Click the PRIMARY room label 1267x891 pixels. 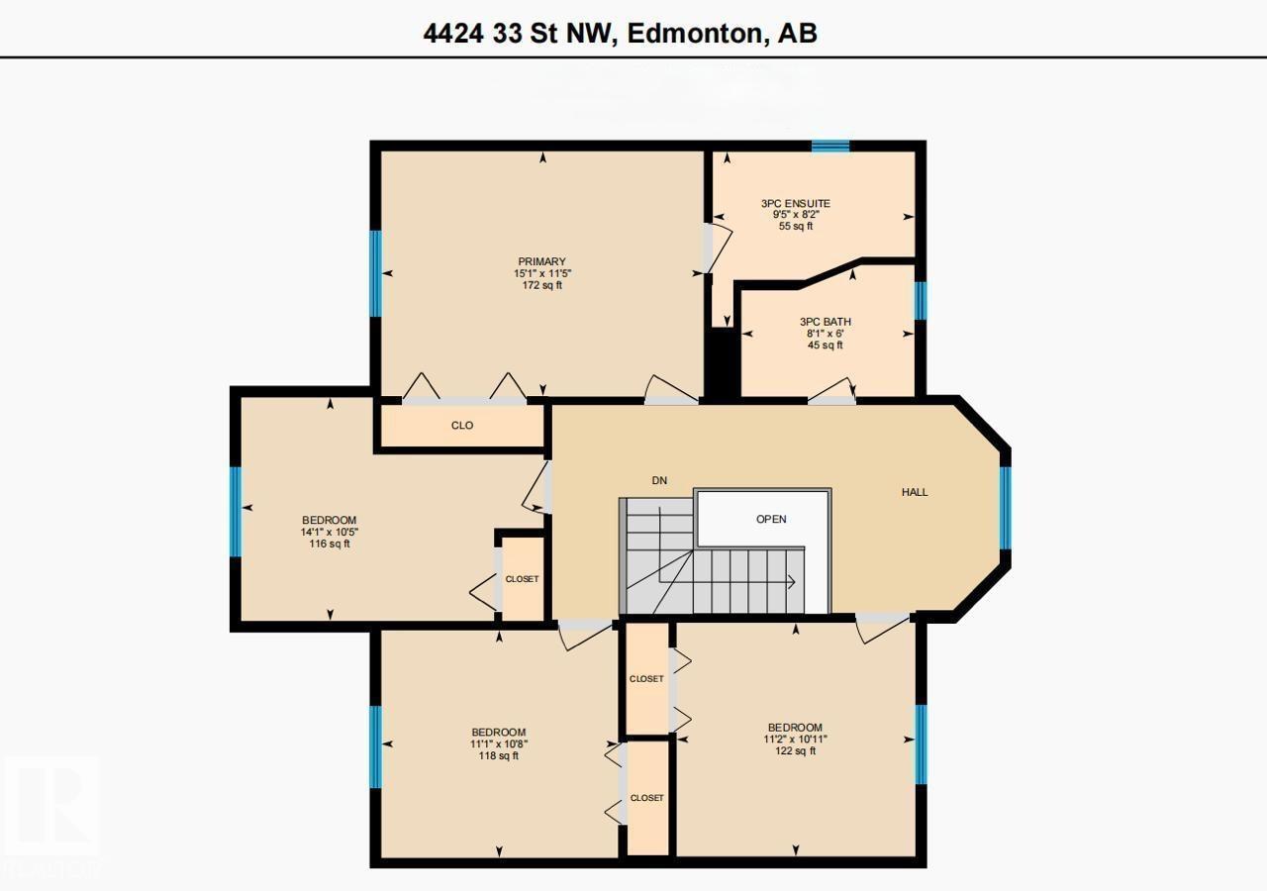pyautogui.click(x=541, y=261)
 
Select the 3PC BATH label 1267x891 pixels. pyautogui.click(x=825, y=322)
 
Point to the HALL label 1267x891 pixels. pyautogui.click(x=914, y=492)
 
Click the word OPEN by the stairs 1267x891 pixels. pyautogui.click(x=771, y=519)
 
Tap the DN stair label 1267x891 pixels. pyautogui.click(x=659, y=481)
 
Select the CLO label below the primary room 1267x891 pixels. pyautogui.click(x=461, y=426)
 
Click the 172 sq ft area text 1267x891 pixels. pyautogui.click(x=541, y=286)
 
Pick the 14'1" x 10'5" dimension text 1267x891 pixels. pyautogui.click(x=329, y=532)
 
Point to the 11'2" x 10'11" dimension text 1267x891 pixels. pyautogui.click(x=795, y=739)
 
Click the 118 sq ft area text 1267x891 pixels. pyautogui.click(x=498, y=756)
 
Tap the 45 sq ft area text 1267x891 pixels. pyautogui.click(x=825, y=346)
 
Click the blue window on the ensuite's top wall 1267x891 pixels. pyautogui.click(x=830, y=147)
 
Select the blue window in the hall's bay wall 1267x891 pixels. pyautogui.click(x=1005, y=507)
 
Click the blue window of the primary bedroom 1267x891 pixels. pyautogui.click(x=376, y=273)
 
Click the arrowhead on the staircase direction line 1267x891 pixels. pyautogui.click(x=793, y=582)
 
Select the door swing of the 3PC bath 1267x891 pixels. pyautogui.click(x=832, y=389)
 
